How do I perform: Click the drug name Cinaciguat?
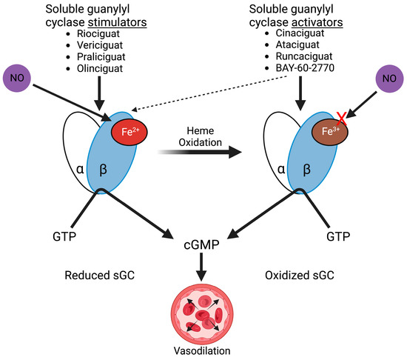[x=296, y=34]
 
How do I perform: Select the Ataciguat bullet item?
[x=293, y=46]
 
